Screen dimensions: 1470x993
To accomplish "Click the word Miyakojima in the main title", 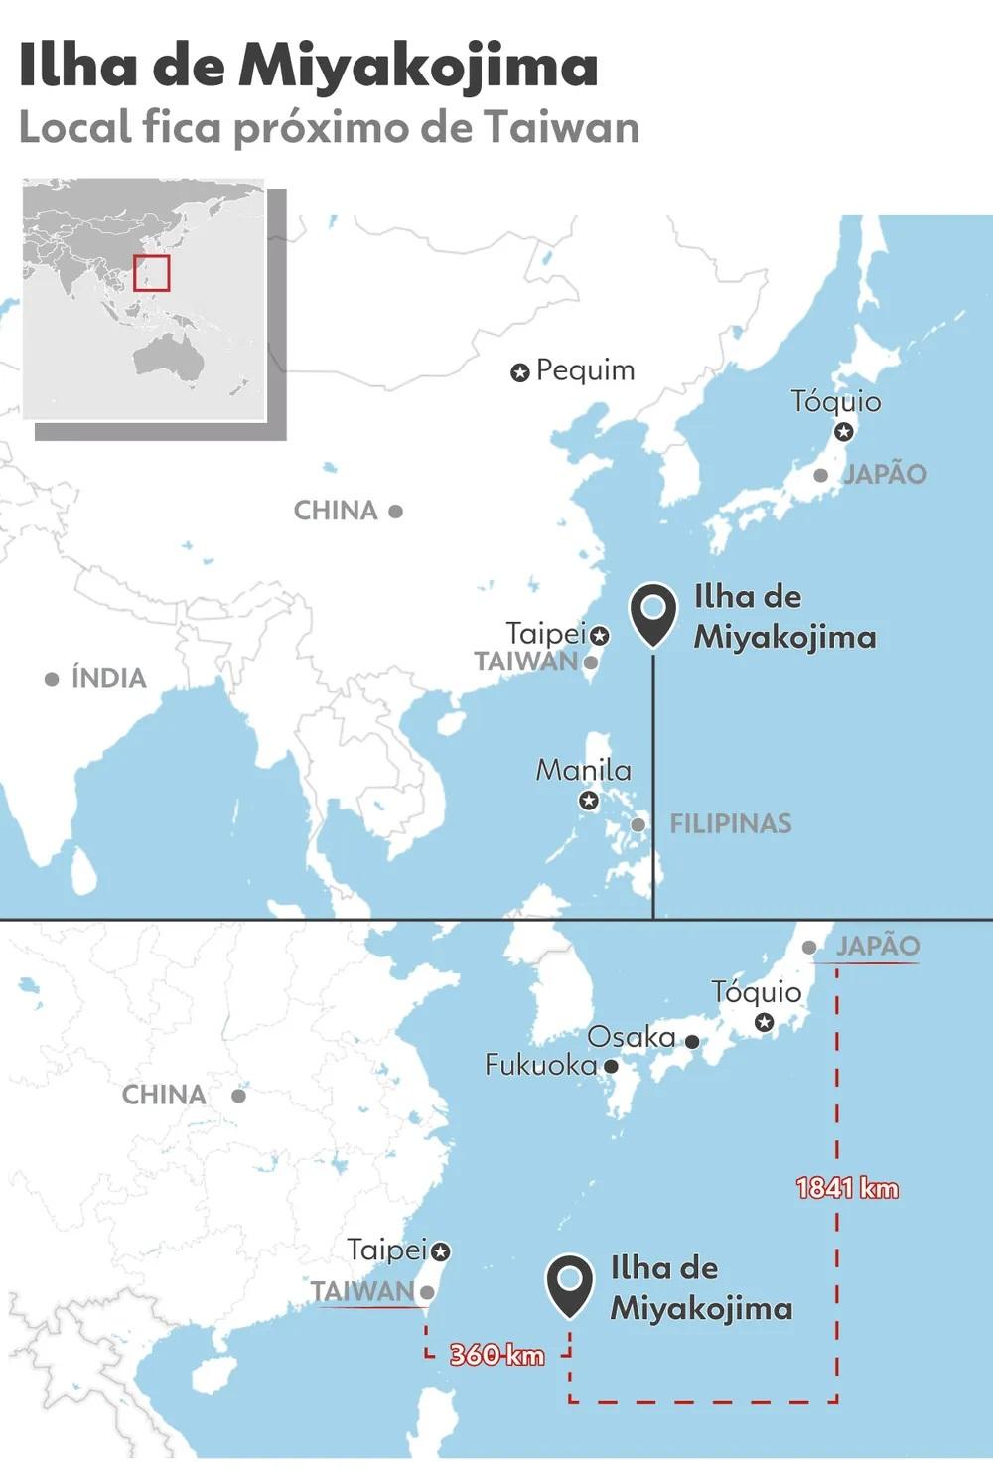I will click(417, 68).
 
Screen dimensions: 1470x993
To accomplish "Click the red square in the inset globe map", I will click(152, 273).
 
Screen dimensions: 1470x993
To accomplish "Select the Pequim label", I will click(585, 370).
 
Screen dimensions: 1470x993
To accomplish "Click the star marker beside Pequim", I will click(519, 372).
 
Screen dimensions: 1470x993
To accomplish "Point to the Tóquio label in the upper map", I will click(835, 401).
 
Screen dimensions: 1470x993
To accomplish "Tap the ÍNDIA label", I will click(108, 678).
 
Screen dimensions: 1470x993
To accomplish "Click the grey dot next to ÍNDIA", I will click(52, 679).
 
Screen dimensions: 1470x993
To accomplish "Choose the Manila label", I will click(583, 770).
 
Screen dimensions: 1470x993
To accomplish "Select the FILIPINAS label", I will click(730, 823).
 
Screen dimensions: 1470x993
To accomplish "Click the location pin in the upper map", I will click(652, 613).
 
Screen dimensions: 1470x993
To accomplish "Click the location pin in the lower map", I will click(570, 1284).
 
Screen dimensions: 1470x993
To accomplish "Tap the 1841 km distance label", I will click(847, 1188).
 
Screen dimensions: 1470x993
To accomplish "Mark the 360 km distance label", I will click(496, 1354).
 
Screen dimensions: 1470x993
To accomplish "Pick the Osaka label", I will click(631, 1037).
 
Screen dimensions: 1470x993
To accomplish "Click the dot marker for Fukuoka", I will click(612, 1066).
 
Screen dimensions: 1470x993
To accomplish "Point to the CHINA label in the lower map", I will click(164, 1095).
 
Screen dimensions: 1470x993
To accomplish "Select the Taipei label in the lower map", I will click(386, 1249).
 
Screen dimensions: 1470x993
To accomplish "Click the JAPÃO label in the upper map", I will click(885, 474).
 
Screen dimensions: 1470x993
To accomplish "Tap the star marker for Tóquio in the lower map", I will click(764, 1022).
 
